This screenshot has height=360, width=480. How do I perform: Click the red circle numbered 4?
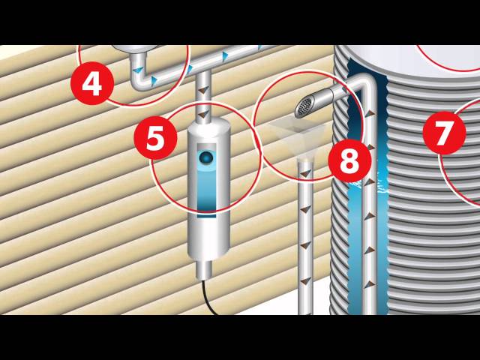[92, 83]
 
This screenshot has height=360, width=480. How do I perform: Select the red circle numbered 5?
[155, 138]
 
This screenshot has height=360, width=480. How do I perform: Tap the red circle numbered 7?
[445, 133]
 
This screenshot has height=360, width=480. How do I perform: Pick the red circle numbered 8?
[350, 160]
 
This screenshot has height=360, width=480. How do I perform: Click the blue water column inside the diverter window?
[206, 190]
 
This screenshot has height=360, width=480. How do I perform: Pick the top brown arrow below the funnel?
[305, 173]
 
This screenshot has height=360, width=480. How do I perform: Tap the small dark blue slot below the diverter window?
[206, 217]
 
